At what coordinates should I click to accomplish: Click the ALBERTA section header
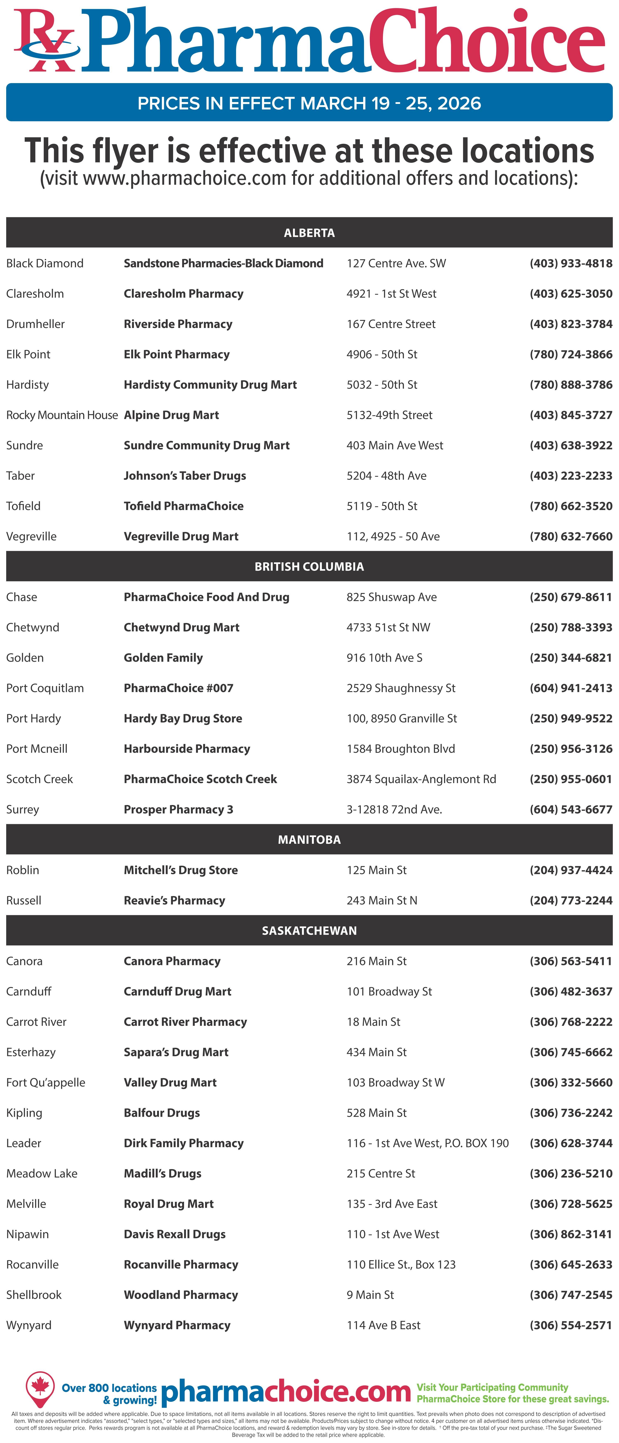coord(309,233)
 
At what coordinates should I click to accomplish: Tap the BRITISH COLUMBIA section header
coord(309,566)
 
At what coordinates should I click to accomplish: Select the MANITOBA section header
coord(309,839)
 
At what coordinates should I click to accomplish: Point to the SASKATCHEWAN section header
coord(309,931)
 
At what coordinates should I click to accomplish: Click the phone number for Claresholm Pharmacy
coord(571,294)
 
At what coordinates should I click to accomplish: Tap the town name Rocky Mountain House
coord(62,415)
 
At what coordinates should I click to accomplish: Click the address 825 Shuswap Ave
coord(391,597)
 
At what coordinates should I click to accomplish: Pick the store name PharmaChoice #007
coord(178,688)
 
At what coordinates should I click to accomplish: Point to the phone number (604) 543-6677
coord(571,810)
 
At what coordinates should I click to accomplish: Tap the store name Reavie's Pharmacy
coord(174,900)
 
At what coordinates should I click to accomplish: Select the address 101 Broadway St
coord(389,992)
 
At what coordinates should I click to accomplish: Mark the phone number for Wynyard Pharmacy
coord(571,1325)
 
